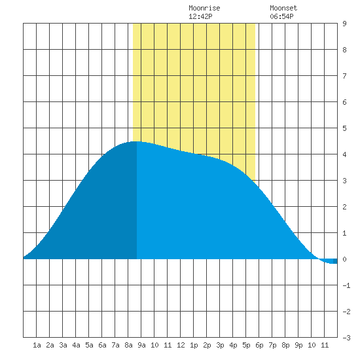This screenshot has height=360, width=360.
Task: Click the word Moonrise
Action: tap(204, 8)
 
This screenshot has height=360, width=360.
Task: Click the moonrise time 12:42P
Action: tap(200, 16)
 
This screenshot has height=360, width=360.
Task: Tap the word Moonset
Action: tap(283, 8)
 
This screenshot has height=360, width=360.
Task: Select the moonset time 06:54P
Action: tap(281, 16)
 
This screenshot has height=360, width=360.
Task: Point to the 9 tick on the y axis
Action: tap(344, 24)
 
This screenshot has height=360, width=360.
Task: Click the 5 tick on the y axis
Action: tap(344, 128)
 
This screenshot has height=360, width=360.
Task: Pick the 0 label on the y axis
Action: tap(344, 259)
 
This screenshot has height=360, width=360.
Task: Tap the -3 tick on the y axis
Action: tap(346, 338)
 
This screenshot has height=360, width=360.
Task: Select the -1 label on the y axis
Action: tap(346, 285)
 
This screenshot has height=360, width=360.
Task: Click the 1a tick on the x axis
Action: tap(37, 345)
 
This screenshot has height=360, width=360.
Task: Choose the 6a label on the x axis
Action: tap(102, 345)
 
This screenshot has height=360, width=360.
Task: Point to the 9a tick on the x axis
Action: tap(141, 345)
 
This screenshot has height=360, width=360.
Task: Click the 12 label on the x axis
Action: tap(181, 345)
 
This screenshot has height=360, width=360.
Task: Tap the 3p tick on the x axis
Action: tap(220, 345)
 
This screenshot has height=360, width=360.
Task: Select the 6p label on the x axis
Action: tap(259, 345)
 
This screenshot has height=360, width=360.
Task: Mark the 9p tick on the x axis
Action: tap(298, 345)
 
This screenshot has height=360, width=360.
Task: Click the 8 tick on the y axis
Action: tap(344, 50)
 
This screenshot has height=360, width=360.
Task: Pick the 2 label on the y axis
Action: tap(344, 207)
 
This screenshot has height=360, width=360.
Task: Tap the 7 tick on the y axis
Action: tap(344, 76)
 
